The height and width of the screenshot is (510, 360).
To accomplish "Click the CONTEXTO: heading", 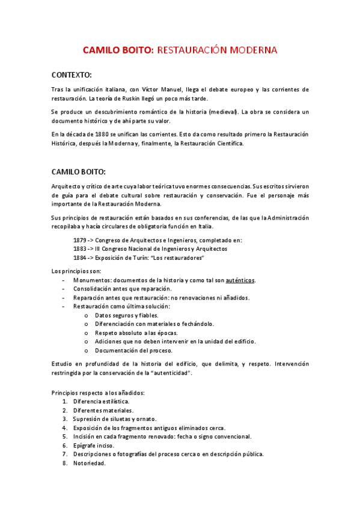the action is [x=72, y=75].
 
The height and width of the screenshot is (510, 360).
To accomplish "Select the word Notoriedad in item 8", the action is [x=90, y=463].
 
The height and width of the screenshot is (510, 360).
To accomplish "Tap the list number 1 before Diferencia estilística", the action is [x=64, y=401].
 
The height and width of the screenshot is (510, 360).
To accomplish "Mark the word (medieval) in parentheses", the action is [x=224, y=112].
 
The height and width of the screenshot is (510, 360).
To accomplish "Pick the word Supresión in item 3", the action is [x=88, y=419].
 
